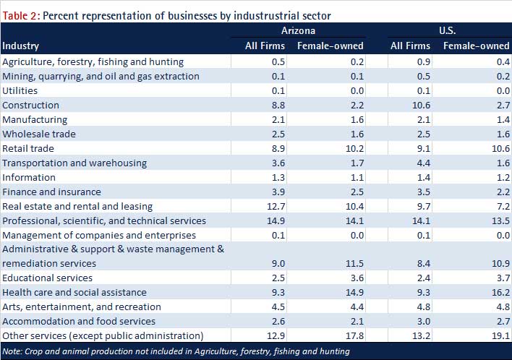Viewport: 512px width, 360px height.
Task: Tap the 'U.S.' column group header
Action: (448, 30)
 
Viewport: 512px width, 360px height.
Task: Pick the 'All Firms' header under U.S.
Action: (410, 46)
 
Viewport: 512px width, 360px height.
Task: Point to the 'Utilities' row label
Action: (20, 91)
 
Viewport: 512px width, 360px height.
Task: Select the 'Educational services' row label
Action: (48, 278)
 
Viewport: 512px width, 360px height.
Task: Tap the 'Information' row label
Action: (29, 177)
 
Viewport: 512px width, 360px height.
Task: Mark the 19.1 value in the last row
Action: (500, 336)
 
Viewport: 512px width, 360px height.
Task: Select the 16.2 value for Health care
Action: (500, 293)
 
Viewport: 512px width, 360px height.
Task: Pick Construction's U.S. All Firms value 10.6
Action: (421, 106)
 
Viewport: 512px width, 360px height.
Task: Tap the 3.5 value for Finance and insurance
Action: (423, 192)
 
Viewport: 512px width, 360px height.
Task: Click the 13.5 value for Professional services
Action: (500, 220)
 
